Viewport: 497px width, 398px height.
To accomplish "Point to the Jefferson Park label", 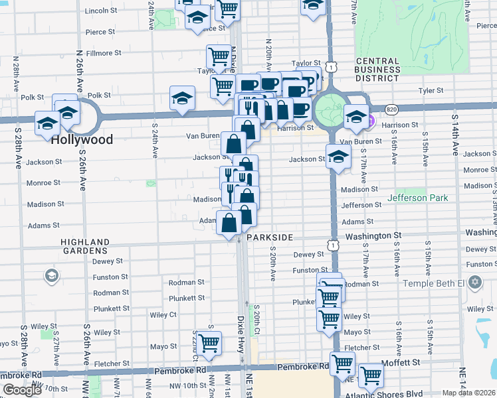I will pos(418,198).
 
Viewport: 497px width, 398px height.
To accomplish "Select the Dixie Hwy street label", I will pos(241,335).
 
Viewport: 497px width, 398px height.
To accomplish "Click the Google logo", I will pos(22,390).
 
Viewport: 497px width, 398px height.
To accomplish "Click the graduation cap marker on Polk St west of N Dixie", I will pos(182,98).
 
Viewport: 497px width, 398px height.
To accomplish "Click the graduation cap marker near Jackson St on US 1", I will pos(338,157).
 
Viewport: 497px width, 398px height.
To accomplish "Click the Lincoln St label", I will pos(101,11).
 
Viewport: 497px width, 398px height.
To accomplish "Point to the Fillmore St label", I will pos(104,52).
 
